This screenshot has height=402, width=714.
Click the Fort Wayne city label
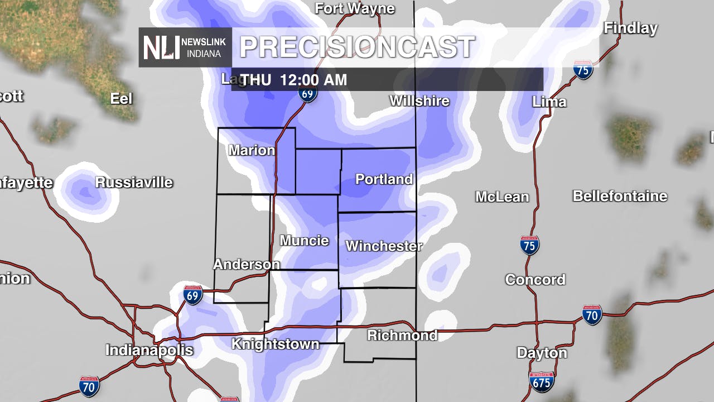coord(355,8)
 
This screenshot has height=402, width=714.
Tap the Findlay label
coord(630,28)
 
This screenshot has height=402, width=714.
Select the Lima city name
coord(549,102)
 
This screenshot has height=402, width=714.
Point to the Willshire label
coord(419,101)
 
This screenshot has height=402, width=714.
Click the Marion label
coord(252,150)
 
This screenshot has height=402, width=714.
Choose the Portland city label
coord(384,179)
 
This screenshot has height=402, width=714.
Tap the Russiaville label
coord(134,183)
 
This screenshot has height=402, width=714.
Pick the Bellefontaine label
coord(620,196)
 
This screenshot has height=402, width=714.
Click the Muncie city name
coord(304,241)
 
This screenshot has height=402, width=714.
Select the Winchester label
coord(384,246)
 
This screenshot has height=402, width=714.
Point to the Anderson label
coord(247,264)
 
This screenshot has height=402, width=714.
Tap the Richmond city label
coord(402,336)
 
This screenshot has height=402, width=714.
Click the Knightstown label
coord(275,344)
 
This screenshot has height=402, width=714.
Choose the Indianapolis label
coord(149,350)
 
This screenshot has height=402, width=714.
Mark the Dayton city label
coord(542,353)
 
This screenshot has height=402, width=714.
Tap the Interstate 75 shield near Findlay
coord(583,69)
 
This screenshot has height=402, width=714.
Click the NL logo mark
coord(161,47)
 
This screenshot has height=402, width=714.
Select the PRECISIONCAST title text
coord(357,47)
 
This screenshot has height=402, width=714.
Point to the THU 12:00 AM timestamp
coord(294,80)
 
